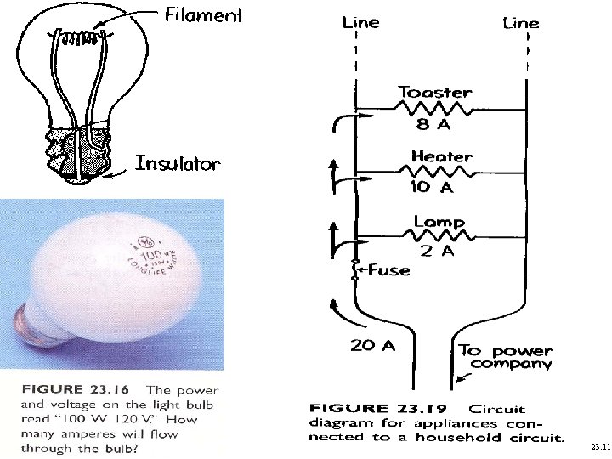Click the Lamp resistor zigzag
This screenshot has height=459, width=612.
tap(439, 235)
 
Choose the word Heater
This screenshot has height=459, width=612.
tap(441, 156)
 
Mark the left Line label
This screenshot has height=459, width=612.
tap(360, 23)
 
